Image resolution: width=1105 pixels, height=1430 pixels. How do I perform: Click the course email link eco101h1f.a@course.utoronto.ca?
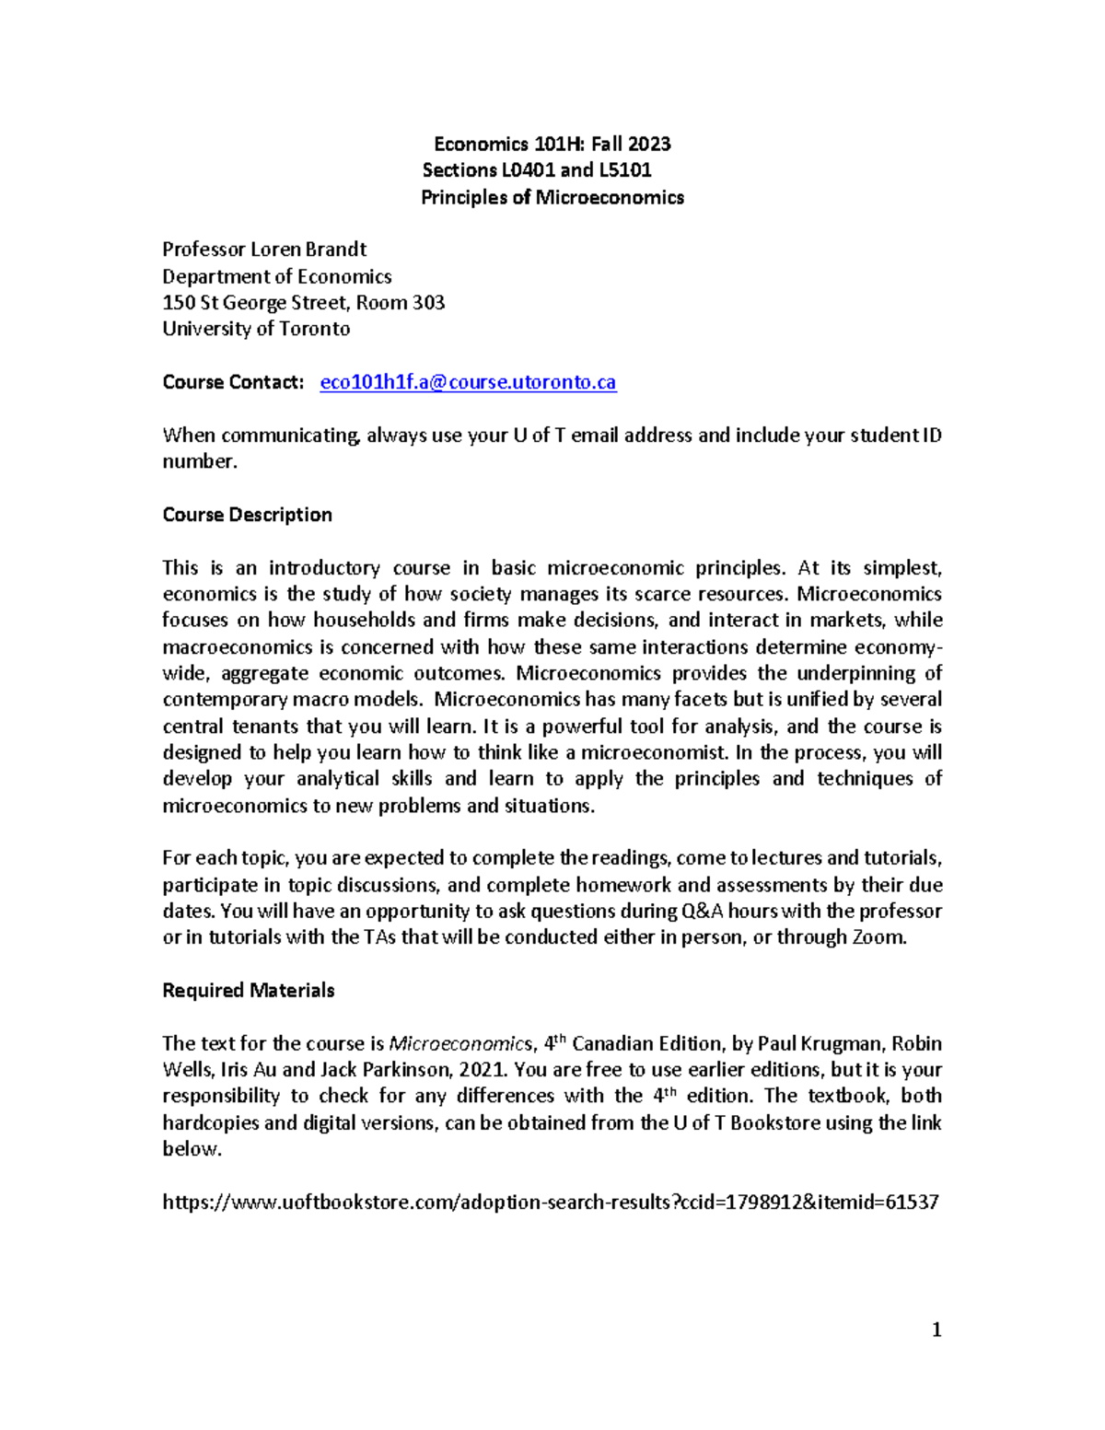468,382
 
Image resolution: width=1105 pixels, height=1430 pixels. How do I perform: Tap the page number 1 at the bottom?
936,1329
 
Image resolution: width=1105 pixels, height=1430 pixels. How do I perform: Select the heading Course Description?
247,515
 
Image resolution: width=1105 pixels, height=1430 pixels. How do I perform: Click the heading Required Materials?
248,990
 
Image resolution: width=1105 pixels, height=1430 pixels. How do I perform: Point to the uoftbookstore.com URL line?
550,1202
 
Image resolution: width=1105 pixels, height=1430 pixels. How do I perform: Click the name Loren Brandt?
308,250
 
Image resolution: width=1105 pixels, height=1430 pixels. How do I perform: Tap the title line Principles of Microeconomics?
552,197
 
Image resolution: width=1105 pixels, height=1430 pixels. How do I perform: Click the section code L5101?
625,170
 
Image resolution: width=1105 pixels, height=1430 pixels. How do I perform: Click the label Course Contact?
233,382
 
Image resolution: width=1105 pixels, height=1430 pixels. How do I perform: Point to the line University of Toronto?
256,329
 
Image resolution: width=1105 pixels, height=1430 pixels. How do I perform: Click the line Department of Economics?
276,276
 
